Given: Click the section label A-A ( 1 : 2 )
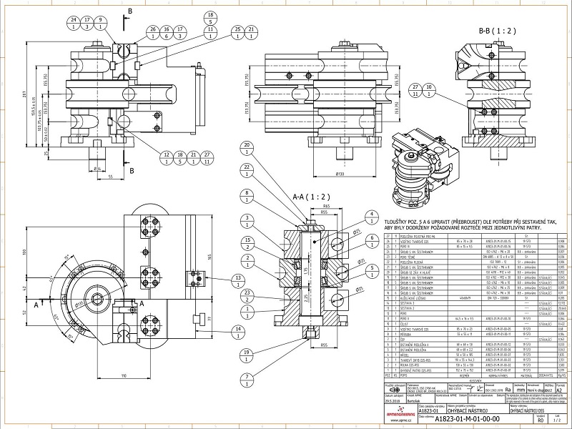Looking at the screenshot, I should (308, 197).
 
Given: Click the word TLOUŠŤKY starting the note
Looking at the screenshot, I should (395, 223).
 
